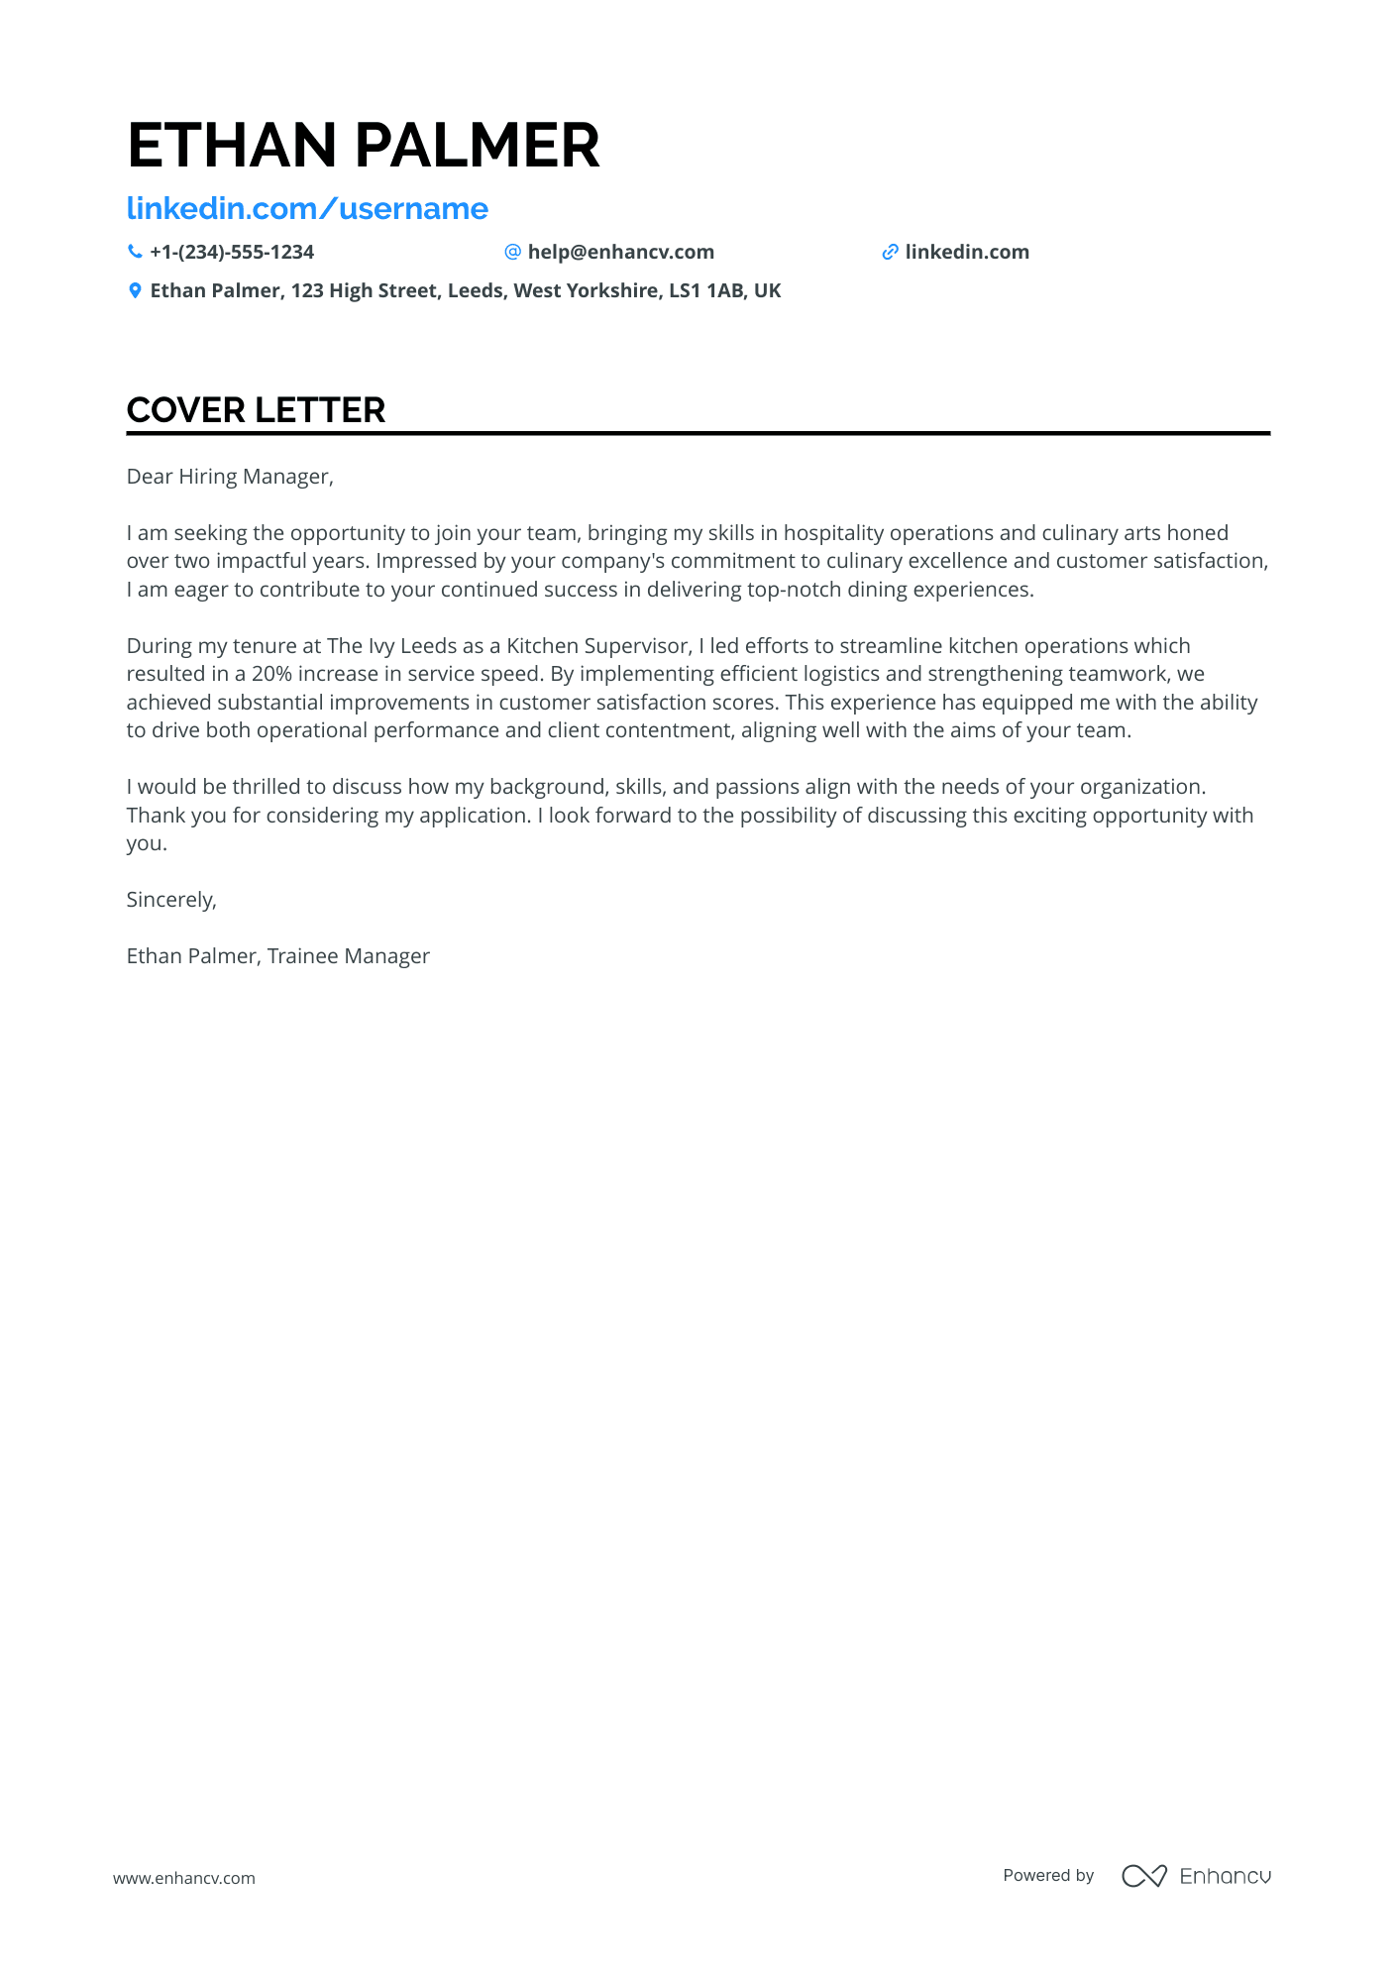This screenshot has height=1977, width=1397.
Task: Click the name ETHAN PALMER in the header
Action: click(x=363, y=146)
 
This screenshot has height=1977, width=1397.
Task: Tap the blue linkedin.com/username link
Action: click(x=307, y=209)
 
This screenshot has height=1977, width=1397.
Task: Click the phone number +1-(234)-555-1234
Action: click(x=232, y=253)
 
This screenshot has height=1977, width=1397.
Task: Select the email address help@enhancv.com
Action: click(x=620, y=253)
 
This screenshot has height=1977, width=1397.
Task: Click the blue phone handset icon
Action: click(x=135, y=252)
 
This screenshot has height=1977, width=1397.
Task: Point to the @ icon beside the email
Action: click(x=512, y=252)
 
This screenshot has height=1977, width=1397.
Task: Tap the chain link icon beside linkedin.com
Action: click(x=890, y=253)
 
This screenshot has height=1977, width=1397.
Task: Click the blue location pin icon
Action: click(x=135, y=291)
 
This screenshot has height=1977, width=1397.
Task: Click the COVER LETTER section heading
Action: click(x=256, y=410)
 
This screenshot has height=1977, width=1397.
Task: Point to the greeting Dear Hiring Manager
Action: click(x=230, y=477)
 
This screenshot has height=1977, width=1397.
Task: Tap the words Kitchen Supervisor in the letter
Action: click(x=597, y=646)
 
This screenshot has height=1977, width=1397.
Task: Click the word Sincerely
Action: click(x=170, y=900)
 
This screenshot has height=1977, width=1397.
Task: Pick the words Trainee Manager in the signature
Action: click(x=349, y=956)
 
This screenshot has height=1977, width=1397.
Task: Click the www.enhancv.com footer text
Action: click(x=184, y=1878)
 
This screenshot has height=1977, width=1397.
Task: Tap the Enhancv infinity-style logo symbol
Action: click(x=1143, y=1876)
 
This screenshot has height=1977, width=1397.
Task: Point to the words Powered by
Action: click(x=1048, y=1876)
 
